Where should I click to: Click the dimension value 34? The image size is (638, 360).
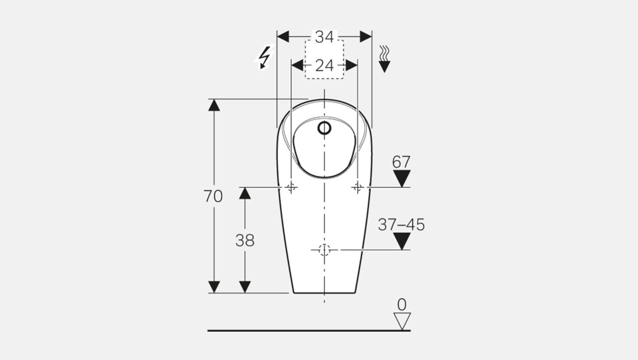point(324,37)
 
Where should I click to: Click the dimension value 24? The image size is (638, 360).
point(324,65)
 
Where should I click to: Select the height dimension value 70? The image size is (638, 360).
point(213,196)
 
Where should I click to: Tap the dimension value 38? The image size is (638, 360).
point(245,241)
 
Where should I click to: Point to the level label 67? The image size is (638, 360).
point(401,163)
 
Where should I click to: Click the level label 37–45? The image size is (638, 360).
point(401,225)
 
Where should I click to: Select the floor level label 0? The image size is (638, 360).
point(401,304)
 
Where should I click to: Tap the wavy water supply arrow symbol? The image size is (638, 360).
point(384,59)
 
